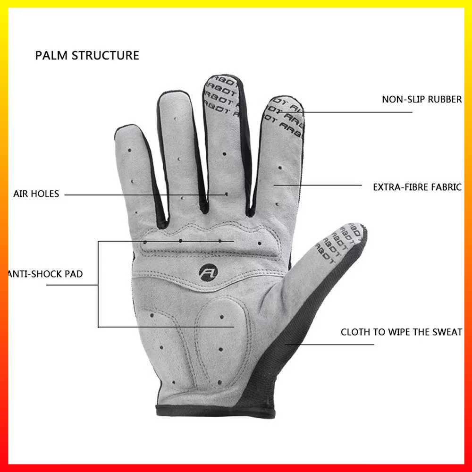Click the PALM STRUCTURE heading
87,55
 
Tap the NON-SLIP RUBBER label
421,100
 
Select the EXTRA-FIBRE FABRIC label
417,187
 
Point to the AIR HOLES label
36,194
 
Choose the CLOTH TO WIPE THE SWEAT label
401,332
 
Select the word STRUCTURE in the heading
106,55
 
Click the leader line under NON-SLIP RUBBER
359,112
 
